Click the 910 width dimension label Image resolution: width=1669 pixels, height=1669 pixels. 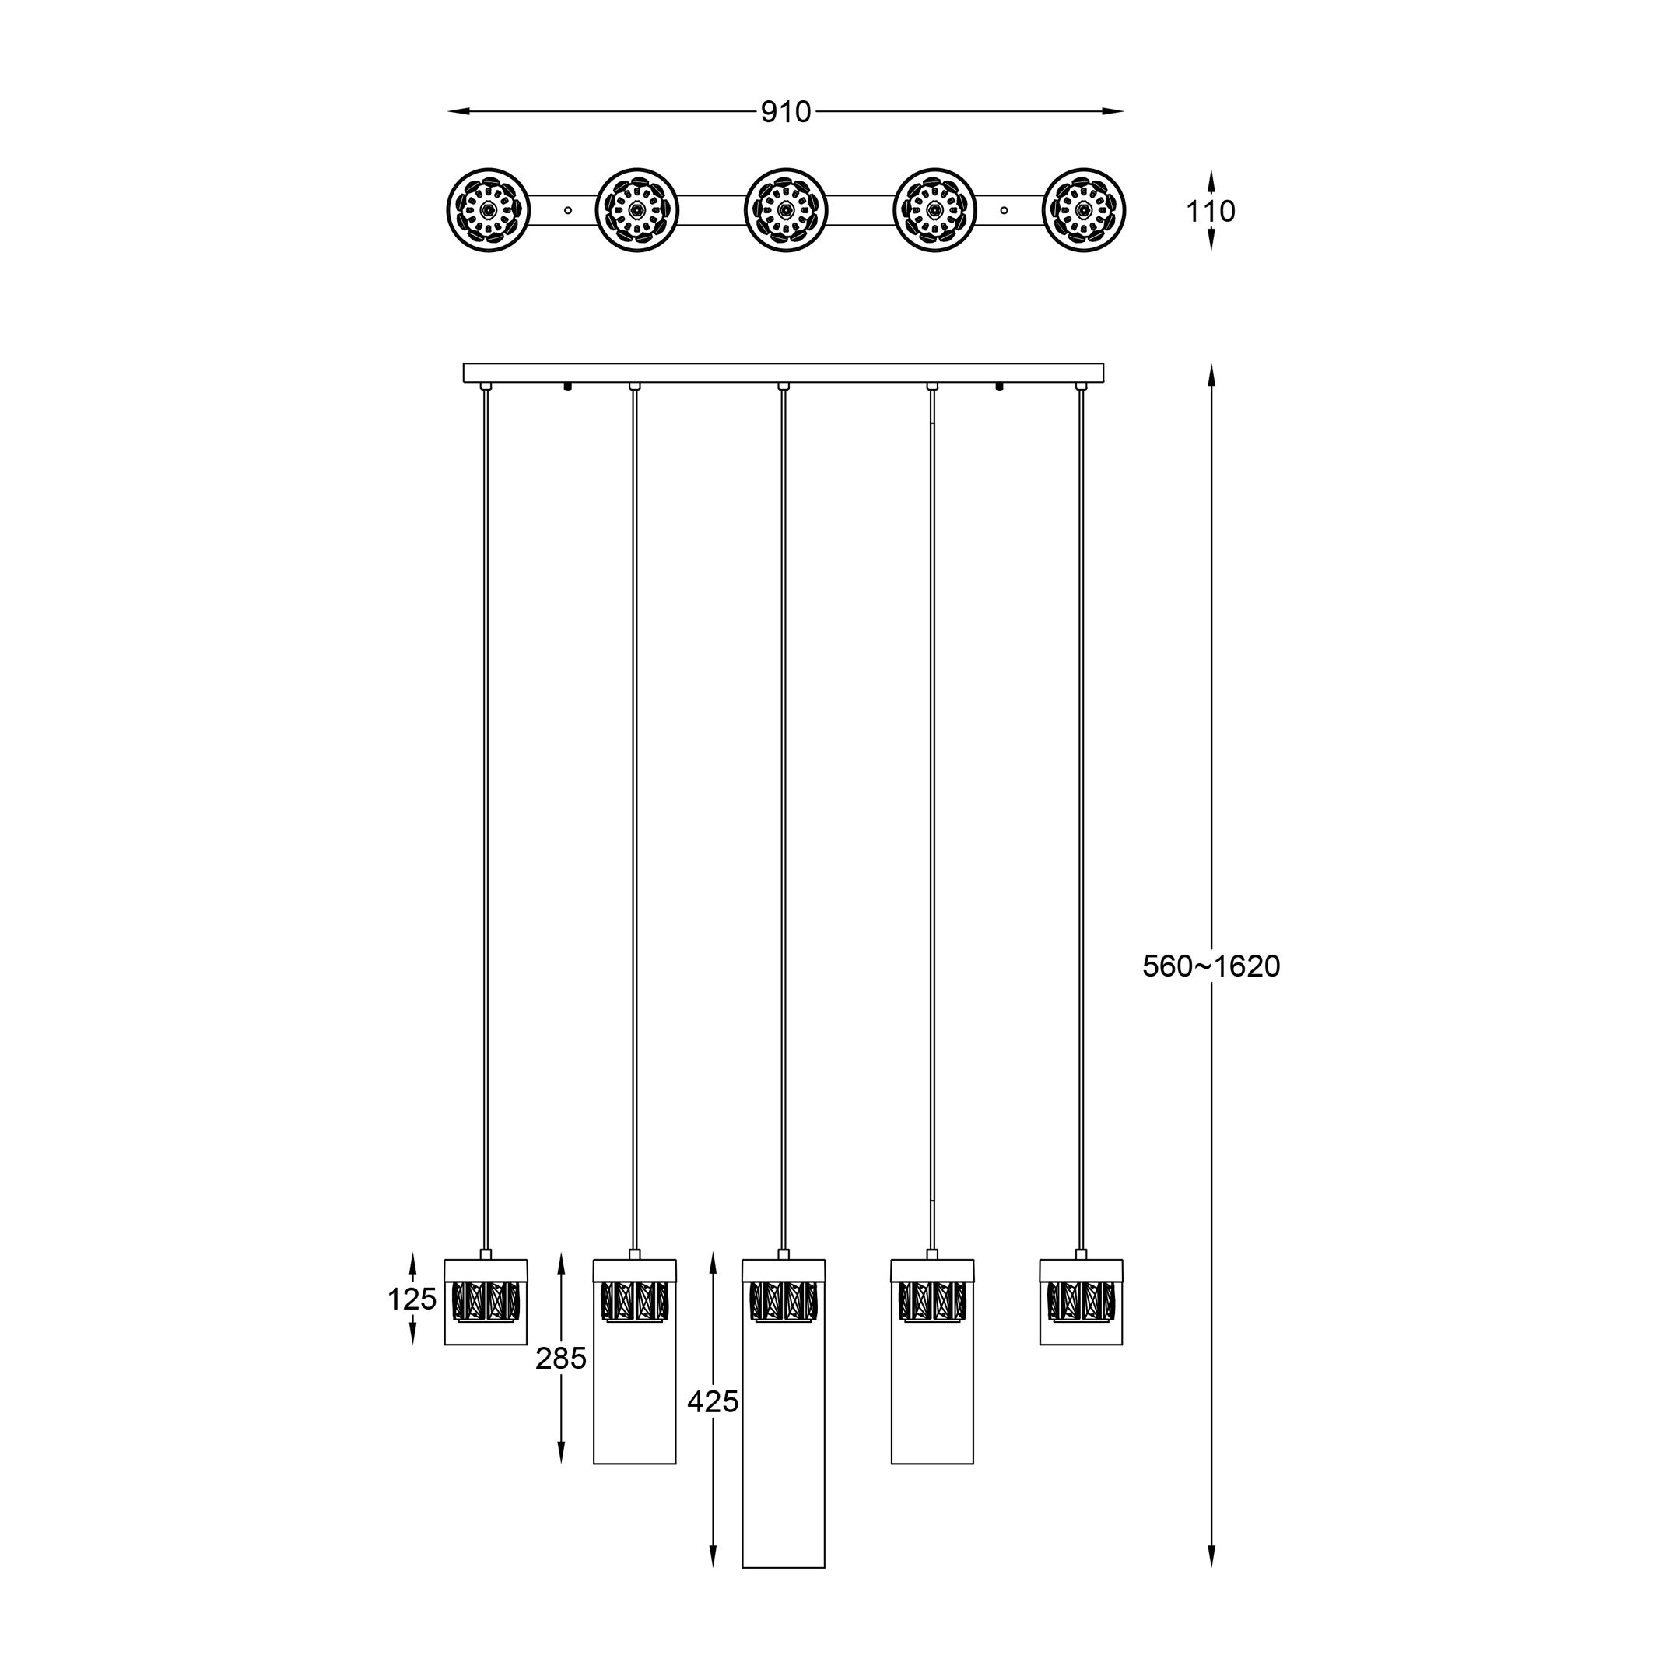click(786, 112)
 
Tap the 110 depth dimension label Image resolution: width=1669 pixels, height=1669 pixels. click(1210, 211)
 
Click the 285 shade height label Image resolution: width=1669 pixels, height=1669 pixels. click(561, 1359)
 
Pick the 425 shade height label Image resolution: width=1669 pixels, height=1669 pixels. click(713, 1402)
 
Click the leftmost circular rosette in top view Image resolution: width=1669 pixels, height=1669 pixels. click(488, 210)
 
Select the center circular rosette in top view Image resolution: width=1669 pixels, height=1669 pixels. click(785, 210)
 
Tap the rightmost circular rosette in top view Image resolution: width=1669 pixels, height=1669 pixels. click(1084, 210)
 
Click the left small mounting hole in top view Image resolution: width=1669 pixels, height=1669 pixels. click(567, 210)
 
